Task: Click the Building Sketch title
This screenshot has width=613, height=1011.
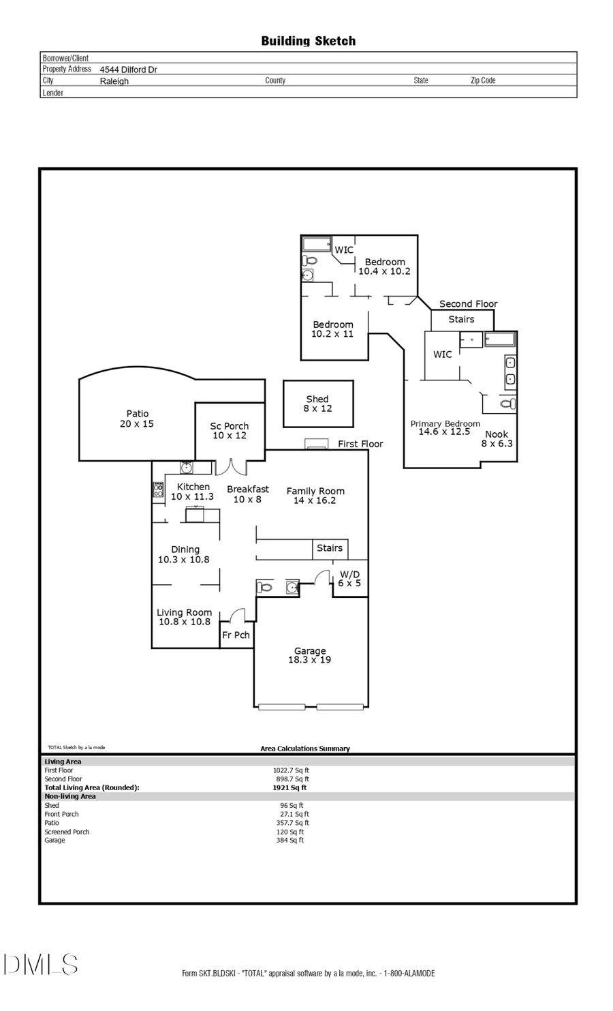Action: click(308, 41)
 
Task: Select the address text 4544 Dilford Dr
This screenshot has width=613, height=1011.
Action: click(128, 70)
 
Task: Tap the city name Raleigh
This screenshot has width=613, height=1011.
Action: click(114, 81)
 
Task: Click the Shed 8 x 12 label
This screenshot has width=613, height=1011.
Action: click(317, 404)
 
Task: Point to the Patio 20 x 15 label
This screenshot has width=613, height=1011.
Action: click(137, 419)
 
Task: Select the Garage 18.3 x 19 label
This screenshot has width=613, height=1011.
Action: click(310, 655)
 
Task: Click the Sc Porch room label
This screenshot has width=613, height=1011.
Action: click(229, 431)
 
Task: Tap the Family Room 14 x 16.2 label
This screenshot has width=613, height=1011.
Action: click(315, 496)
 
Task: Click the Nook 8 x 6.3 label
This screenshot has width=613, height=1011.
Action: click(497, 438)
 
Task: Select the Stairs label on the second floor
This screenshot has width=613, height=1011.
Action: click(461, 319)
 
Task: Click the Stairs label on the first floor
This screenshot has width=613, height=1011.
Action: click(330, 548)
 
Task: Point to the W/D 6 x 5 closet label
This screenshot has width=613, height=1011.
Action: click(349, 579)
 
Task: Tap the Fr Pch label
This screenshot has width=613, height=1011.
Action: click(236, 635)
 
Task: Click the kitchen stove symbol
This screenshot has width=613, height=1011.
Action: click(158, 489)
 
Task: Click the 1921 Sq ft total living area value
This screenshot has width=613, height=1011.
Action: click(289, 787)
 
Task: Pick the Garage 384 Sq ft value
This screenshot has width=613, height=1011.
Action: click(290, 840)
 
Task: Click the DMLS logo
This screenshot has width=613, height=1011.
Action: click(40, 964)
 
